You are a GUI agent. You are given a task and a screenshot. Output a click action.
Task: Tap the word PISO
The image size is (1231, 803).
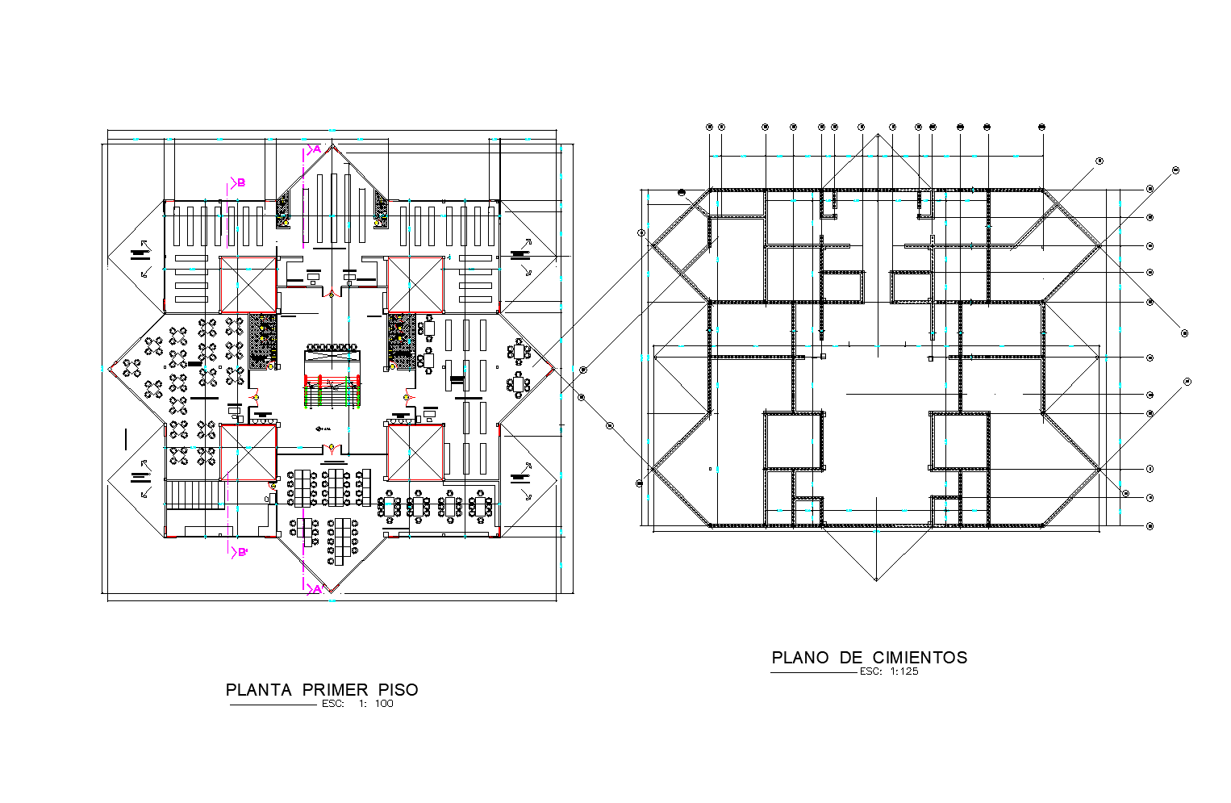399,690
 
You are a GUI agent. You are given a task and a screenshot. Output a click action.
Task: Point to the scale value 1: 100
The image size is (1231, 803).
377,704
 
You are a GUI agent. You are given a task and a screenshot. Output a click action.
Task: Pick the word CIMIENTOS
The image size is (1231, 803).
920,658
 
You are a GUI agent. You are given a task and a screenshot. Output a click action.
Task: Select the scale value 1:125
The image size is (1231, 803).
904,671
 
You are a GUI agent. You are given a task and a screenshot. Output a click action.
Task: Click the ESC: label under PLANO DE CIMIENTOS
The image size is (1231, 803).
870,671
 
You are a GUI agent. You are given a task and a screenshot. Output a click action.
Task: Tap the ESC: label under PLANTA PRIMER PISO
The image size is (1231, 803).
332,704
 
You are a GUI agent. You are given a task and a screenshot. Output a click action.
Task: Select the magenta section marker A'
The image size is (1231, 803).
316,589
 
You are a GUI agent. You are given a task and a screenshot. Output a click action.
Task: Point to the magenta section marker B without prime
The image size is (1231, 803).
240,183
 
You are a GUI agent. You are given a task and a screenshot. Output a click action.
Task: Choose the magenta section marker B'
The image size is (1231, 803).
240,553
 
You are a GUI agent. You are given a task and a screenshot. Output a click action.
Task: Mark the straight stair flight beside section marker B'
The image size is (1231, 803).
194,494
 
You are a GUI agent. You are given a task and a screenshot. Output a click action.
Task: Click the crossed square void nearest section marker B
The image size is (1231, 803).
248,284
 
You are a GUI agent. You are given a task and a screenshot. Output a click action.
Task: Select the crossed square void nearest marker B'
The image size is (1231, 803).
248,452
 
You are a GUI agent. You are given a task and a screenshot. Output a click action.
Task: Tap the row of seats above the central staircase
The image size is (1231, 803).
332,347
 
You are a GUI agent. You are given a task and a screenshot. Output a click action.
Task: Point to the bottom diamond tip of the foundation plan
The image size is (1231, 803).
876,579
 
